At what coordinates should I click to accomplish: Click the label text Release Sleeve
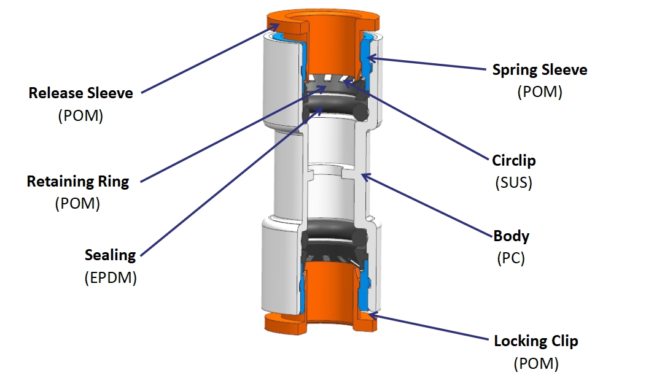(x=80, y=93)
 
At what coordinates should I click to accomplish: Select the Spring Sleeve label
(x=539, y=70)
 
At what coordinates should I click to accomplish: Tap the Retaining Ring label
(x=78, y=182)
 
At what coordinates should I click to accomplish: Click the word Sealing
(x=111, y=255)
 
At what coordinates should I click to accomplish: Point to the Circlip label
(x=513, y=161)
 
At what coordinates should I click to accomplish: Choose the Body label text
(x=511, y=236)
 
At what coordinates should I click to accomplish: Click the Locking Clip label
(x=535, y=341)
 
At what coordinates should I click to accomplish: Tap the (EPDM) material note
(x=111, y=277)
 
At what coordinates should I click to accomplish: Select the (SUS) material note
(x=514, y=183)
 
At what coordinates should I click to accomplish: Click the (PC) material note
(x=511, y=258)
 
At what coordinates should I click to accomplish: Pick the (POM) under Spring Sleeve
(x=539, y=92)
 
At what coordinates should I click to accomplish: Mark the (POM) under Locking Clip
(x=535, y=363)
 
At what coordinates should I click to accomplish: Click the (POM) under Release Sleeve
(x=80, y=115)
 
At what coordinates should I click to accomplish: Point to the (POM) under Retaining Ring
(x=78, y=204)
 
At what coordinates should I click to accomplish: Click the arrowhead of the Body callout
(x=363, y=176)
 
